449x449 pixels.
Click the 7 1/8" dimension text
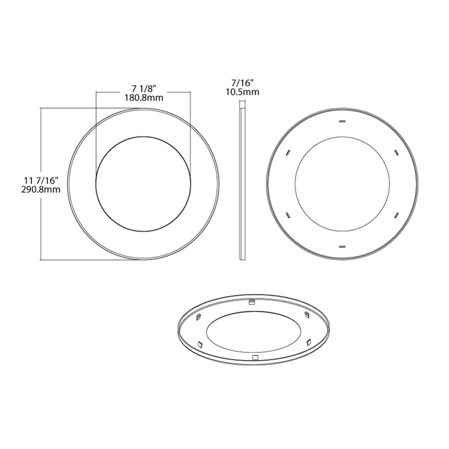point(144,89)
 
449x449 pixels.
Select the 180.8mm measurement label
point(144,98)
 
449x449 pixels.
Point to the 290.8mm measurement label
point(41,190)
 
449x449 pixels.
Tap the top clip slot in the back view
point(342,121)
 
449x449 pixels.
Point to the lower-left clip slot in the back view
point(288,215)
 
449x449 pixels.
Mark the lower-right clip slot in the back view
point(396,215)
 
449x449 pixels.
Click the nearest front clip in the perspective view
point(256,357)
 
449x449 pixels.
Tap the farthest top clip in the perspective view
point(251,301)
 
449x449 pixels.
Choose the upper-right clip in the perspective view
point(306,314)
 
